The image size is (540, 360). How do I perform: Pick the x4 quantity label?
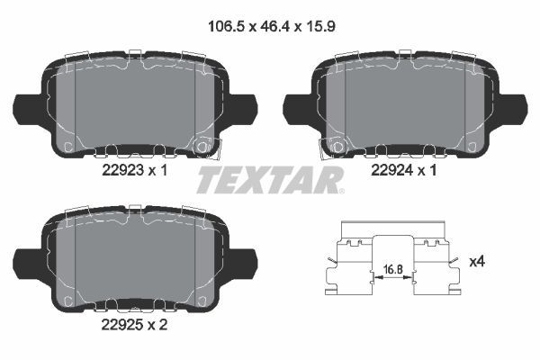[x=478, y=262]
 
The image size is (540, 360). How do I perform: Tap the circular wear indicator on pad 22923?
[x=202, y=145]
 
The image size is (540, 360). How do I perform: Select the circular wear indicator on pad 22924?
[x=337, y=145]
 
